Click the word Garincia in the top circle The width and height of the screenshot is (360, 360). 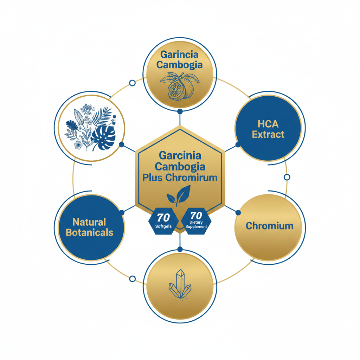(x=179, y=54)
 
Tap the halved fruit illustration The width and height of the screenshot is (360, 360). (x=180, y=86)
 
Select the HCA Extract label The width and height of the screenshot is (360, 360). (x=268, y=129)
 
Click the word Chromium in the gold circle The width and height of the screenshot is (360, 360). (x=270, y=226)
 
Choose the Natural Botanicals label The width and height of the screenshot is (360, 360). (x=89, y=227)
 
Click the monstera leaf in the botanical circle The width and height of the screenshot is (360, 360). (x=103, y=138)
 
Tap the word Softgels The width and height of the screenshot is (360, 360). (x=163, y=226)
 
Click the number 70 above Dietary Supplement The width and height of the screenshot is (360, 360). (x=196, y=216)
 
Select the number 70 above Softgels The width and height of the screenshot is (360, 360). (x=163, y=217)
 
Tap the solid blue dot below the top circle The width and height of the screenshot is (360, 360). (x=180, y=111)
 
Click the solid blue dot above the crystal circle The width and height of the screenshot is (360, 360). (x=180, y=249)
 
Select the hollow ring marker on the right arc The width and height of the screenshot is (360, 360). (x=287, y=177)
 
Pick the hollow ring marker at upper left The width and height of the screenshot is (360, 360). (x=132, y=83)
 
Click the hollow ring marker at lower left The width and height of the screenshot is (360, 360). (x=132, y=279)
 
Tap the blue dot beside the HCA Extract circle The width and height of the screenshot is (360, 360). (x=238, y=144)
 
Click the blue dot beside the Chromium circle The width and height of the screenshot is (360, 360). (x=238, y=213)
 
